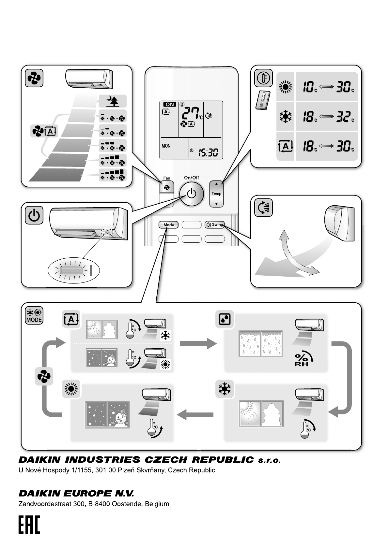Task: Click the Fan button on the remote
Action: click(x=167, y=188)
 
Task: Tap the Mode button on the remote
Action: click(x=168, y=224)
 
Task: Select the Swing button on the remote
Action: click(x=215, y=224)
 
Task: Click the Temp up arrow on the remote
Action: click(x=216, y=184)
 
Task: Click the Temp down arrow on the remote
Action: click(x=216, y=204)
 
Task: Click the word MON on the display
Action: click(x=166, y=146)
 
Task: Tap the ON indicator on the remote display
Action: click(x=169, y=104)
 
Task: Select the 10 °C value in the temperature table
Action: click(x=308, y=87)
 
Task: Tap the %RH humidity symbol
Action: click(x=302, y=359)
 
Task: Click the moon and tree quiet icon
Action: click(x=112, y=102)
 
